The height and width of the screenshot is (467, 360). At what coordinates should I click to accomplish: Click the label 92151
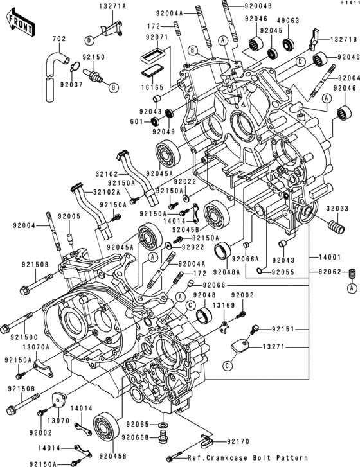tap(283, 329)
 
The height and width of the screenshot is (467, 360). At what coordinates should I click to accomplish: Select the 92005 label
tap(70, 217)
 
